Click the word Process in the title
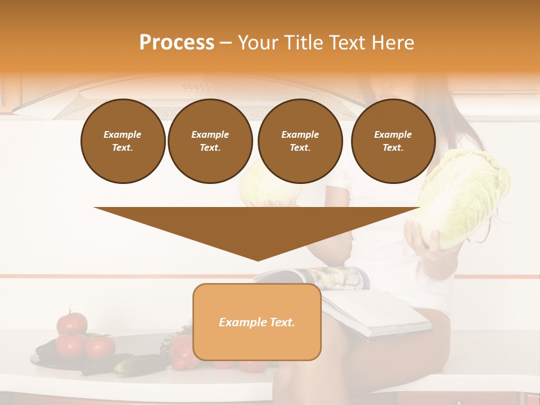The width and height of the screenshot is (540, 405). click(177, 43)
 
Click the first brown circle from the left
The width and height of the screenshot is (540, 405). click(123, 141)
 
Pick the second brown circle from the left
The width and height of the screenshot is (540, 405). click(210, 141)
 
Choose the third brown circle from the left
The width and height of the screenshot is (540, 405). click(300, 141)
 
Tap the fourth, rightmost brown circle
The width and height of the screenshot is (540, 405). click(393, 141)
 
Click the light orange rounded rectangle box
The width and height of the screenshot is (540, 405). click(257, 343)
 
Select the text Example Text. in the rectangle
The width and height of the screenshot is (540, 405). click(257, 322)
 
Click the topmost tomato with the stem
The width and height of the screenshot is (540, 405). click(72, 322)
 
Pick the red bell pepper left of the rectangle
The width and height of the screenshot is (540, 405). click(181, 352)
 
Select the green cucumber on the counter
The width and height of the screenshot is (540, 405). click(138, 364)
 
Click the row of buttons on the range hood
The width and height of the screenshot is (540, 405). click(197, 87)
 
